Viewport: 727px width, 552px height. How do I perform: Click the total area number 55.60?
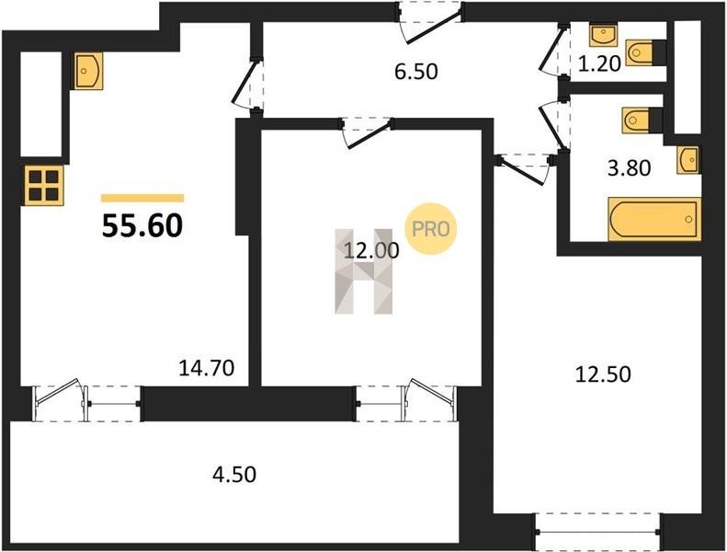click(x=142, y=226)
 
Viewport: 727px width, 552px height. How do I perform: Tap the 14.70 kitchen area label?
click(x=206, y=368)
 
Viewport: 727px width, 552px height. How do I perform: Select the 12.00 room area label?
click(x=371, y=250)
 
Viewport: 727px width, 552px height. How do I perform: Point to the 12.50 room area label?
click(x=603, y=374)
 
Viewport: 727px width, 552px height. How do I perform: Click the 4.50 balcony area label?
click(x=234, y=475)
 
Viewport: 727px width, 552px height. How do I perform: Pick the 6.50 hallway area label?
click(x=416, y=72)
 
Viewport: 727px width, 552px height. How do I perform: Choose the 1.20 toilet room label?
click(x=599, y=64)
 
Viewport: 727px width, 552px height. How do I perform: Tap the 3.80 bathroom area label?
click(x=630, y=168)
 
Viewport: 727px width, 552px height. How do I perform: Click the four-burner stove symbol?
click(x=44, y=185)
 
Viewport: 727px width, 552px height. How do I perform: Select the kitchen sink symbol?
click(x=88, y=71)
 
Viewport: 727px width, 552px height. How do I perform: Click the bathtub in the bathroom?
click(x=654, y=219)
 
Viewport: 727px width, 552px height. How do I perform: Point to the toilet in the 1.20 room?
click(x=645, y=52)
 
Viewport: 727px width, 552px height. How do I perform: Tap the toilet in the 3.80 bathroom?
click(x=642, y=121)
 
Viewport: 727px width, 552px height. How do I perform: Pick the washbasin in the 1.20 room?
click(x=603, y=35)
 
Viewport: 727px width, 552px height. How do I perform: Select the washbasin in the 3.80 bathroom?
click(x=688, y=160)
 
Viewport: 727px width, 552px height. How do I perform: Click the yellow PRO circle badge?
click(x=431, y=229)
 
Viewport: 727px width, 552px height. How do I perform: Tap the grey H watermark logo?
click(x=364, y=271)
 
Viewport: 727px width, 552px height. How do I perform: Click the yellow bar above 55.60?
click(x=142, y=198)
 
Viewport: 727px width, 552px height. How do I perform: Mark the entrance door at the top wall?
click(x=430, y=23)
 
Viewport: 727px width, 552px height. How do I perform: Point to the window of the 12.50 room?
click(x=597, y=532)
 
